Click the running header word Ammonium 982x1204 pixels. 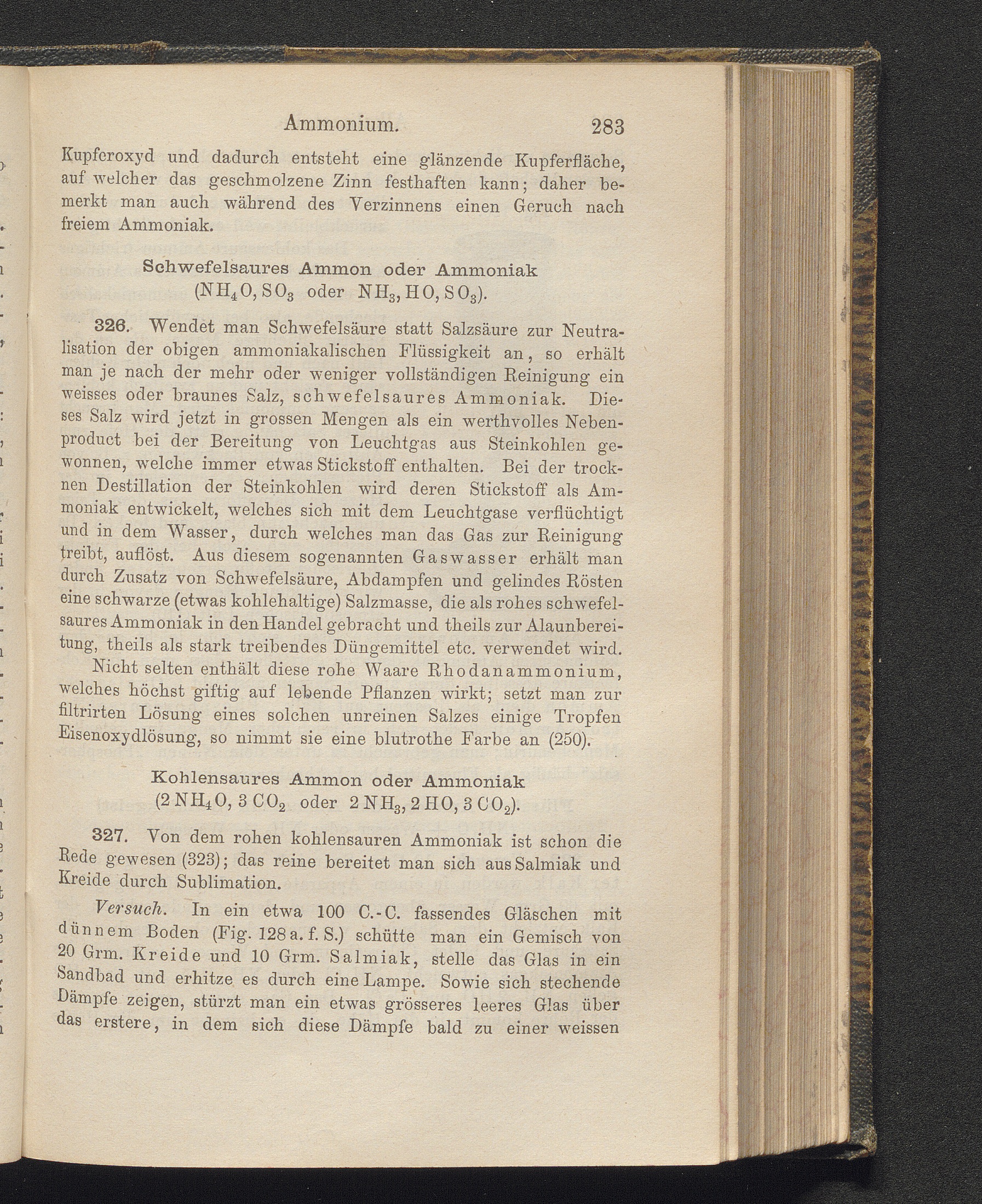pos(342,123)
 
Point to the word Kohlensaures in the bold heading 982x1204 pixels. pos(217,779)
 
